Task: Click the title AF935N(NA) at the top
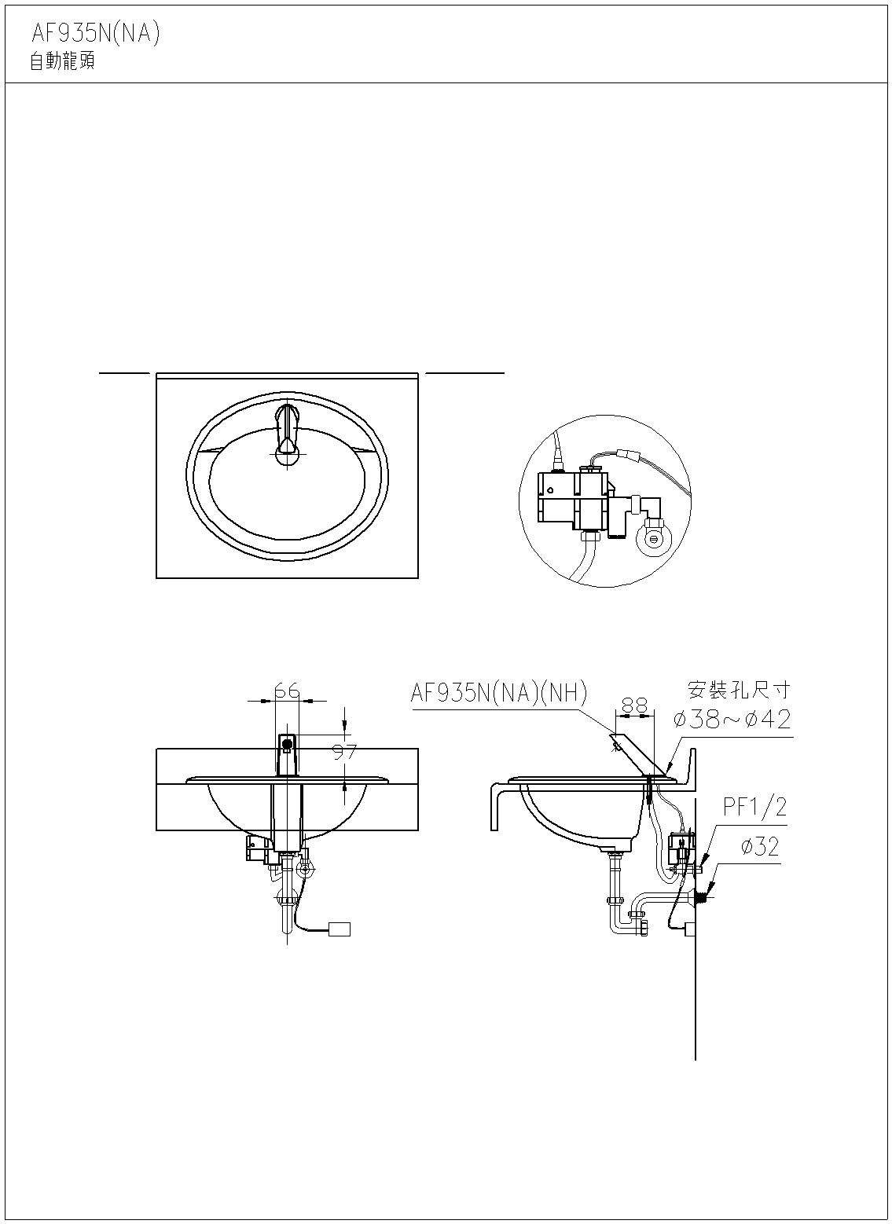point(96,34)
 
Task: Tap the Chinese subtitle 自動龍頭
point(62,61)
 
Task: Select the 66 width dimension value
point(287,691)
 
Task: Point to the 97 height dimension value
point(344,753)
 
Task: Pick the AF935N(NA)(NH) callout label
point(498,693)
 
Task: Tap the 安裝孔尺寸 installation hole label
point(739,690)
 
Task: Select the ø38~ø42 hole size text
point(732,719)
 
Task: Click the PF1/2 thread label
point(754,807)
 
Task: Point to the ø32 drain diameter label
point(760,847)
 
